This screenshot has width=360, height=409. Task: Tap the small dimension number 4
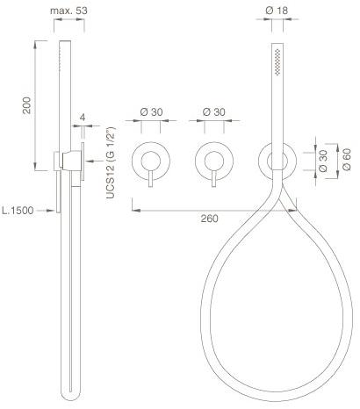[83, 115]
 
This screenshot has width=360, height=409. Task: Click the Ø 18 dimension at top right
[278, 10]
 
